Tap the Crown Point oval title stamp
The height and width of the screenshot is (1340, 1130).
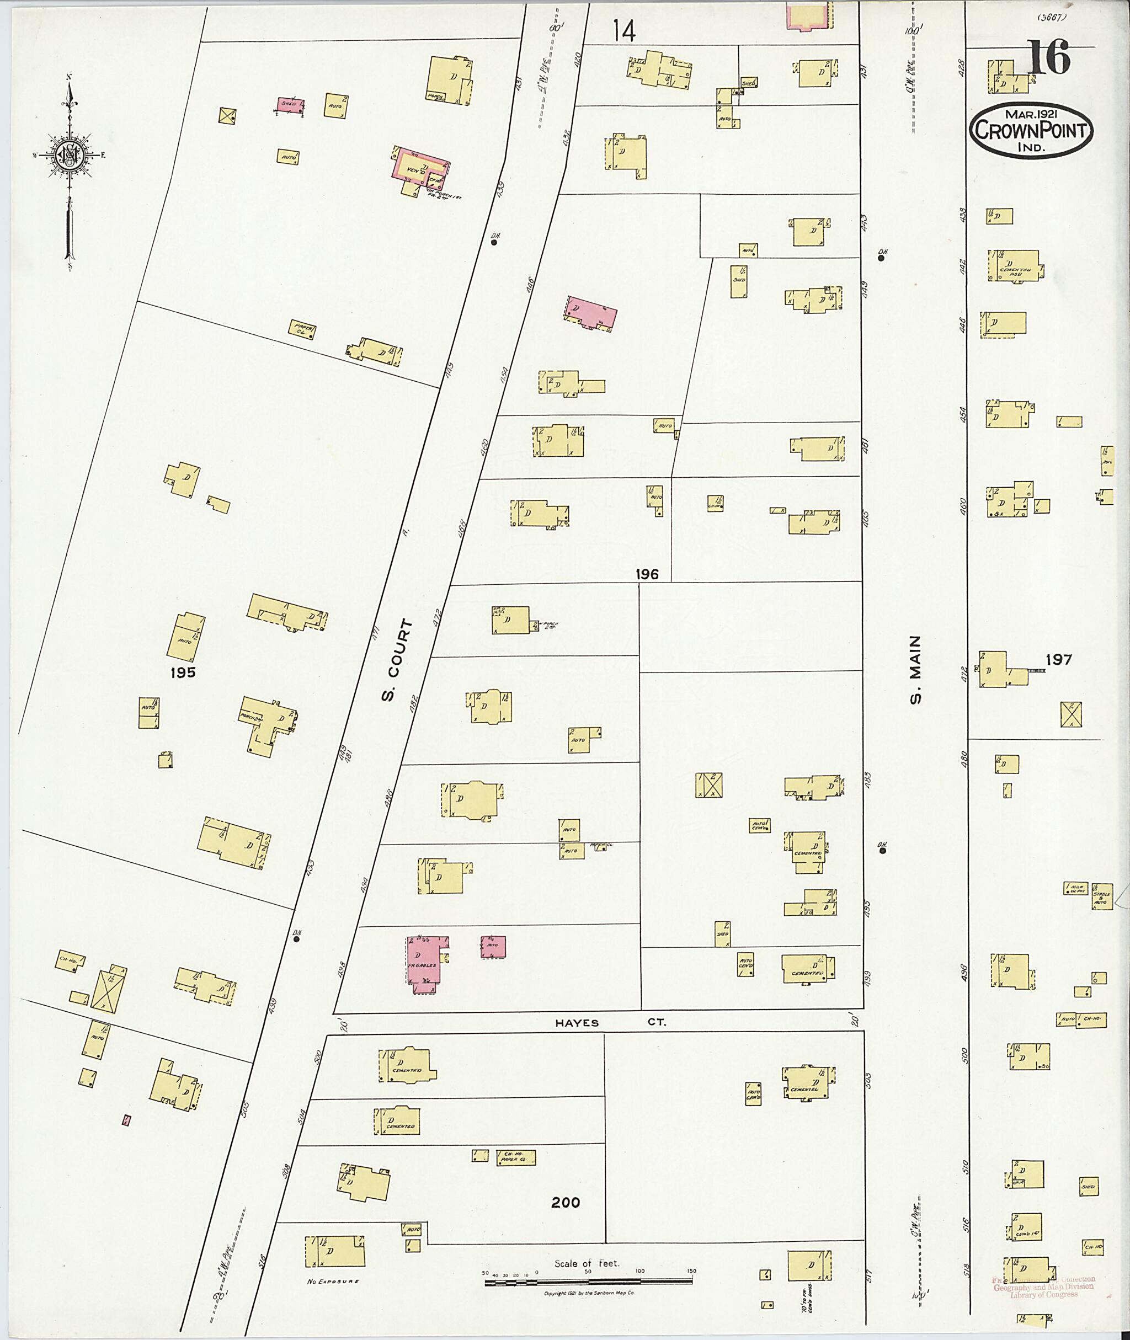(x=1031, y=131)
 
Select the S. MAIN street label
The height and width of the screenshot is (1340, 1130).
(x=915, y=669)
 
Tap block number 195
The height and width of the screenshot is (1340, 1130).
(x=183, y=672)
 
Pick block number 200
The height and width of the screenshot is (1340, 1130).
(x=566, y=1202)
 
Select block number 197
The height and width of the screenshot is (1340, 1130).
(x=1059, y=659)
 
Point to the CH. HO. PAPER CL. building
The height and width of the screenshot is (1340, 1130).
(x=516, y=1157)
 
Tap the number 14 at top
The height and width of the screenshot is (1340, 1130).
(x=623, y=30)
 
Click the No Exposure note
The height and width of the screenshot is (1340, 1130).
(x=333, y=1281)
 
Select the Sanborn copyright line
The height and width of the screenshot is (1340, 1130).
(x=589, y=1293)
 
